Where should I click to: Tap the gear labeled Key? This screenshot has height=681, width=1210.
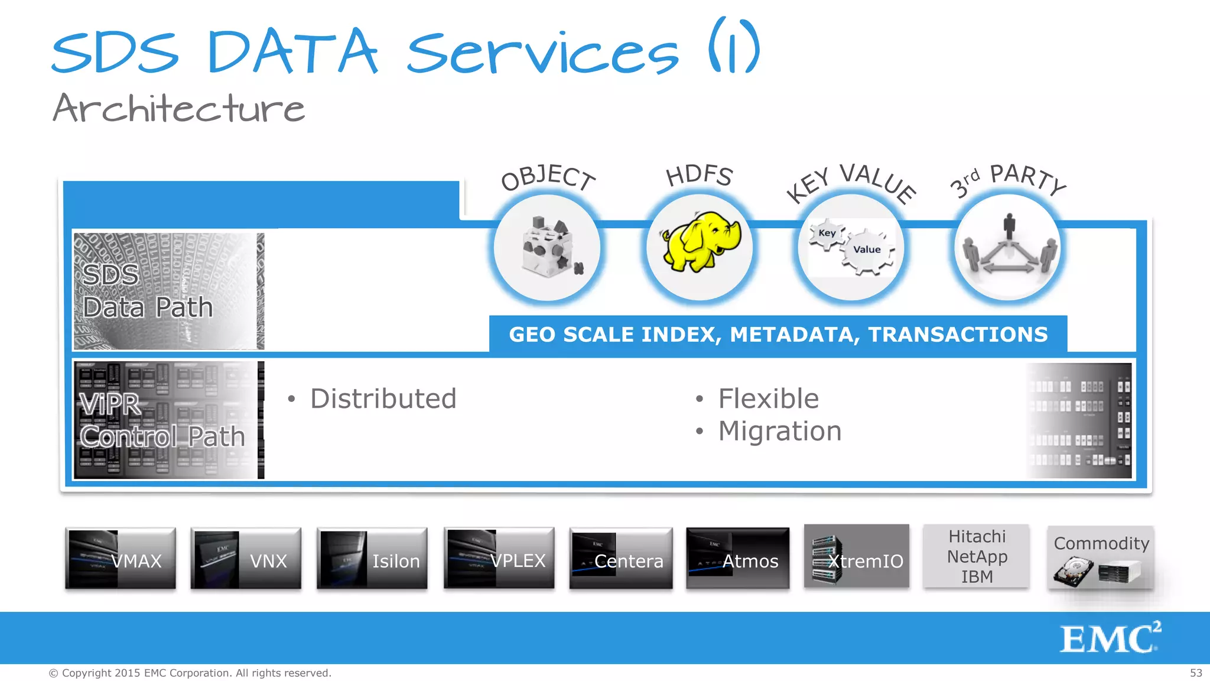pyautogui.click(x=827, y=234)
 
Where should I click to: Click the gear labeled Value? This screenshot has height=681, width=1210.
pyautogui.click(x=867, y=251)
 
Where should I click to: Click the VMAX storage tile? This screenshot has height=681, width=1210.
pyautogui.click(x=121, y=559)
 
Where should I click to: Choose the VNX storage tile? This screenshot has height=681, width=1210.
pyautogui.click(x=246, y=559)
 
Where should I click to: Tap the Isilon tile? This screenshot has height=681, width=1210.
pyautogui.click(x=372, y=559)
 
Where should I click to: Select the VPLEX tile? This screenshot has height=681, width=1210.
pyautogui.click(x=499, y=559)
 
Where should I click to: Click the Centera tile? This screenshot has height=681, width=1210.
pyautogui.click(x=621, y=559)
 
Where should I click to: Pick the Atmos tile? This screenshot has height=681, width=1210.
pyautogui.click(x=737, y=559)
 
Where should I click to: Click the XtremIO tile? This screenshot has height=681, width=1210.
pyautogui.click(x=856, y=556)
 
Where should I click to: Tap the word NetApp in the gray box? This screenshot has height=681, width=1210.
pyautogui.click(x=977, y=557)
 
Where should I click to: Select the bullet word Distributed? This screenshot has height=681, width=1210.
pyautogui.click(x=383, y=399)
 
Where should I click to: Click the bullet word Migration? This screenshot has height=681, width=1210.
pyautogui.click(x=779, y=431)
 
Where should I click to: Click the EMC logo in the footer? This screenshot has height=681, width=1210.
pyautogui.click(x=1110, y=638)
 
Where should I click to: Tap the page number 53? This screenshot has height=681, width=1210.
pyautogui.click(x=1196, y=673)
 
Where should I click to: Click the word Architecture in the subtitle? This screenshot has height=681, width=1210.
pyautogui.click(x=178, y=109)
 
